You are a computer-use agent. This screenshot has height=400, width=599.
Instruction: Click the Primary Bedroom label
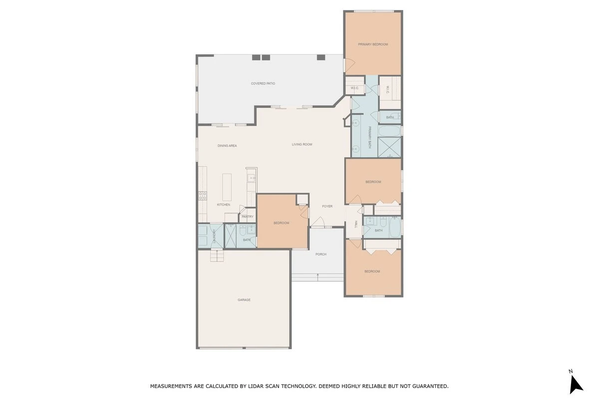(373, 44)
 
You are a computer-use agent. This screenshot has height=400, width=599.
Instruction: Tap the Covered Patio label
(263, 83)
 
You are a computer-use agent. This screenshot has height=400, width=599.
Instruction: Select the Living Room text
(302, 144)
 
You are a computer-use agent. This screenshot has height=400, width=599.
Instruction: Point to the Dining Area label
(227, 145)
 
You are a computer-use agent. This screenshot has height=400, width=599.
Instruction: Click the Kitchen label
(223, 204)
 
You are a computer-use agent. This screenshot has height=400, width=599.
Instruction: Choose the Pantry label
(248, 216)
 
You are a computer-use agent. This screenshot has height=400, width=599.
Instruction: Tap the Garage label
(244, 300)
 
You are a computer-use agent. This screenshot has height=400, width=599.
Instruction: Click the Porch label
(320, 254)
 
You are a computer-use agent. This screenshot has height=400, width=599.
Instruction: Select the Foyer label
(327, 206)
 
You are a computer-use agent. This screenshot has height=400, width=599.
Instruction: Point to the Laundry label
(214, 236)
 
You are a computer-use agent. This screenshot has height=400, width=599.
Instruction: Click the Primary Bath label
(370, 137)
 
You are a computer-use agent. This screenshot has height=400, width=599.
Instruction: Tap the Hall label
(356, 224)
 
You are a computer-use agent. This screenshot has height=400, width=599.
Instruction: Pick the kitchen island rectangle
(227, 187)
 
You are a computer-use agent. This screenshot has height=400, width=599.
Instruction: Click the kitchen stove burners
(203, 196)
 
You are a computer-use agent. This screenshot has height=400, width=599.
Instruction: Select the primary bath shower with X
(389, 147)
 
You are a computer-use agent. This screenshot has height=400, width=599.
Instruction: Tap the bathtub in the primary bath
(389, 131)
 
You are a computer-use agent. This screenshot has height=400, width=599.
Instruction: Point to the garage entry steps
(217, 255)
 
